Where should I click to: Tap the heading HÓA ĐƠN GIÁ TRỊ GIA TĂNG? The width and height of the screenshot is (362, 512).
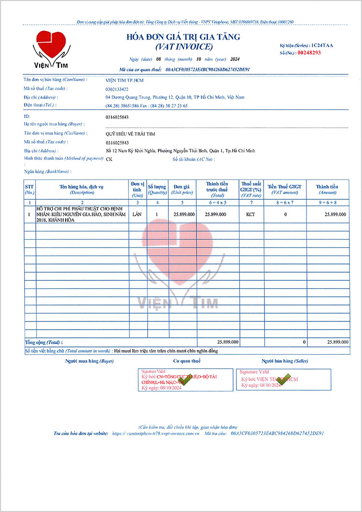[x=183, y=37]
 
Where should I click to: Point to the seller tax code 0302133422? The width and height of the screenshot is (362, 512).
[x=117, y=89]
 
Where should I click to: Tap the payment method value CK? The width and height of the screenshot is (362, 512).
[x=109, y=159]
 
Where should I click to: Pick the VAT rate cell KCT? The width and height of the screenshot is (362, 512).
[x=251, y=214]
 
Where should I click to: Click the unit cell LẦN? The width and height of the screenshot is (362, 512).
[x=137, y=214]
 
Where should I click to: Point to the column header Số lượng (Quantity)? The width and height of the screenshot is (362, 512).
[x=157, y=189]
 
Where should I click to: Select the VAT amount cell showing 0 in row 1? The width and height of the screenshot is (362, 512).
[x=285, y=214]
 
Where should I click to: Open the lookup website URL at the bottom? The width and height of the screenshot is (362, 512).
[x=155, y=434]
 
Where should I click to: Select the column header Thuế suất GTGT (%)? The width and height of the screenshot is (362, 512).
[x=251, y=189]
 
